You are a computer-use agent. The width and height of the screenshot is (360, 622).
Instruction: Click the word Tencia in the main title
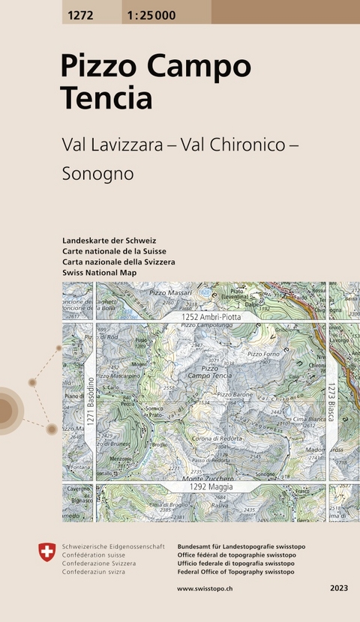pos(106,98)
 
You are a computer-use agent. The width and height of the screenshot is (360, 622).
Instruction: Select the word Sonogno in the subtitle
pos(97,174)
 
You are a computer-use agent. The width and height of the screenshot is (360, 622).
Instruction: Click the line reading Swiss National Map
pos(100,273)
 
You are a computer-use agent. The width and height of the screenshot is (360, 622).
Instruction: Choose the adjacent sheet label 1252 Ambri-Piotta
pos(210,318)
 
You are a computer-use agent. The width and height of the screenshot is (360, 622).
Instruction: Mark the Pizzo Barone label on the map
pos(235,393)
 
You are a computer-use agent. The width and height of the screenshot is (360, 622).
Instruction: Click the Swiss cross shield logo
pos(46,553)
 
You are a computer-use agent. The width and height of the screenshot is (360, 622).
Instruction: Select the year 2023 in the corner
pos(338,589)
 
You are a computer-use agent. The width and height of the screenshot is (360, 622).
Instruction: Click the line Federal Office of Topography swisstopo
pos(235,572)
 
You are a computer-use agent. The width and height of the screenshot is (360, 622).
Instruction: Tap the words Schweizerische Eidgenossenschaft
pos(112,547)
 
